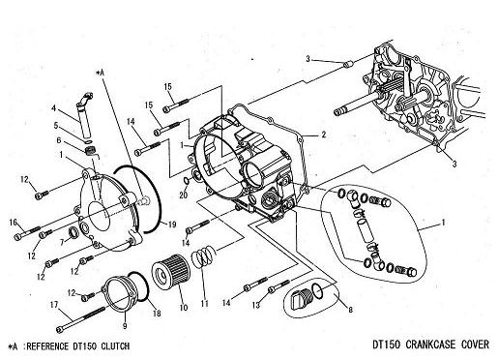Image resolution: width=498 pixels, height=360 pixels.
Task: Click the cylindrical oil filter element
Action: [169, 272]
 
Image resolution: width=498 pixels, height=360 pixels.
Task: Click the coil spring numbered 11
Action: [203, 256]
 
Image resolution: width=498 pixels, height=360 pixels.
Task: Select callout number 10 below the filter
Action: [184, 308]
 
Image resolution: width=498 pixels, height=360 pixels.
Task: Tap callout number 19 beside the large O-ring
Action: [172, 225]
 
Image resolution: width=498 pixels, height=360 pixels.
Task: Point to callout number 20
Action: [184, 195]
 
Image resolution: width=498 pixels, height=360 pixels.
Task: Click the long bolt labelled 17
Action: [80, 318]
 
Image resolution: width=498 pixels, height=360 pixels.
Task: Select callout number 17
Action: [54, 304]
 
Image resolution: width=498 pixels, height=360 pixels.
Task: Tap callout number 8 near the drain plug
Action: [350, 310]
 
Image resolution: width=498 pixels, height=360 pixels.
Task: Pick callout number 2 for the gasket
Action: [323, 135]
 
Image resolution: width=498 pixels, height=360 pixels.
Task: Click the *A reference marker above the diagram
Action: [101, 74]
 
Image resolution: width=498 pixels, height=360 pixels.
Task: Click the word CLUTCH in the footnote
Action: [115, 346]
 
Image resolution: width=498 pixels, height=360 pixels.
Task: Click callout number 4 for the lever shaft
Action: [54, 107]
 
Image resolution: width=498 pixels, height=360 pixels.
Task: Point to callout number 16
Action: [13, 222]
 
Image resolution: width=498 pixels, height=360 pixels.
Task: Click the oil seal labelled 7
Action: [74, 232]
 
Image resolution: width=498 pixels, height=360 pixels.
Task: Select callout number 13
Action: [255, 304]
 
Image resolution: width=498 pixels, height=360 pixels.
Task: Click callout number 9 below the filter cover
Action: [125, 326]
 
